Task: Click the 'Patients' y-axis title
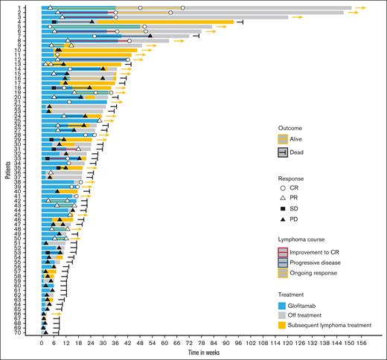(7, 170)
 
